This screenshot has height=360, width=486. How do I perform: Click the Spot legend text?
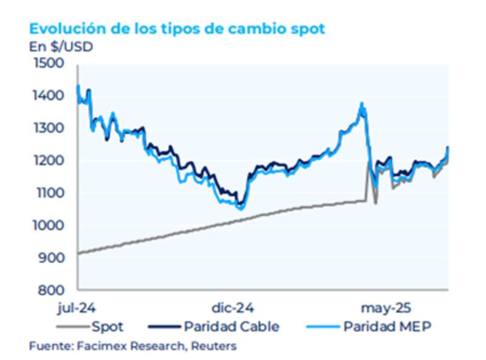click(x=108, y=327)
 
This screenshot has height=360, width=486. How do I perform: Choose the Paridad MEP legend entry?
click(x=387, y=327)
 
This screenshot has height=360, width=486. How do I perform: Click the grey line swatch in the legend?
click(x=73, y=327)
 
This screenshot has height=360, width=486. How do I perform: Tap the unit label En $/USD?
click(x=61, y=46)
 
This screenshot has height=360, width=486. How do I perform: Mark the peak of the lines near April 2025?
click(x=362, y=105)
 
